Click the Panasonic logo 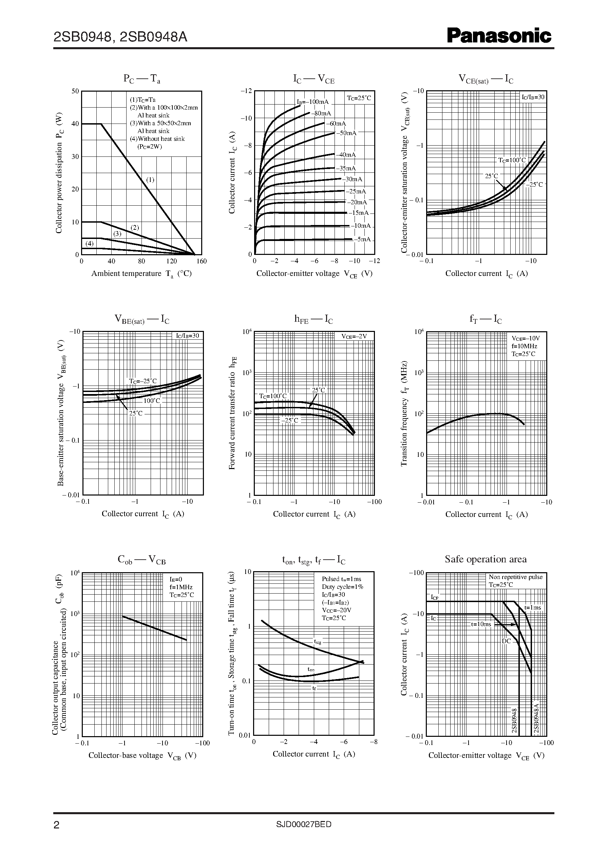(x=499, y=36)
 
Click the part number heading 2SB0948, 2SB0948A (x=120, y=37)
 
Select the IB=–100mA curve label (x=312, y=102)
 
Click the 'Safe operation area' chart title (x=486, y=559)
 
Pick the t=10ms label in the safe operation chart (x=481, y=624)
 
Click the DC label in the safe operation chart (x=506, y=641)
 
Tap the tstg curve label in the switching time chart (x=318, y=641)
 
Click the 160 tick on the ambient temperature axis (x=202, y=261)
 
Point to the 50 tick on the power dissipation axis (x=75, y=91)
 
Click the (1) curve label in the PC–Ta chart (x=150, y=180)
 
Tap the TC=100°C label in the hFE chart (x=273, y=396)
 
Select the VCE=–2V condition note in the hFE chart (x=354, y=336)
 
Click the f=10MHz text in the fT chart (x=524, y=346)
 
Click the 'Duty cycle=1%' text (x=342, y=587)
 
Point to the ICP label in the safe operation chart (x=434, y=597)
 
